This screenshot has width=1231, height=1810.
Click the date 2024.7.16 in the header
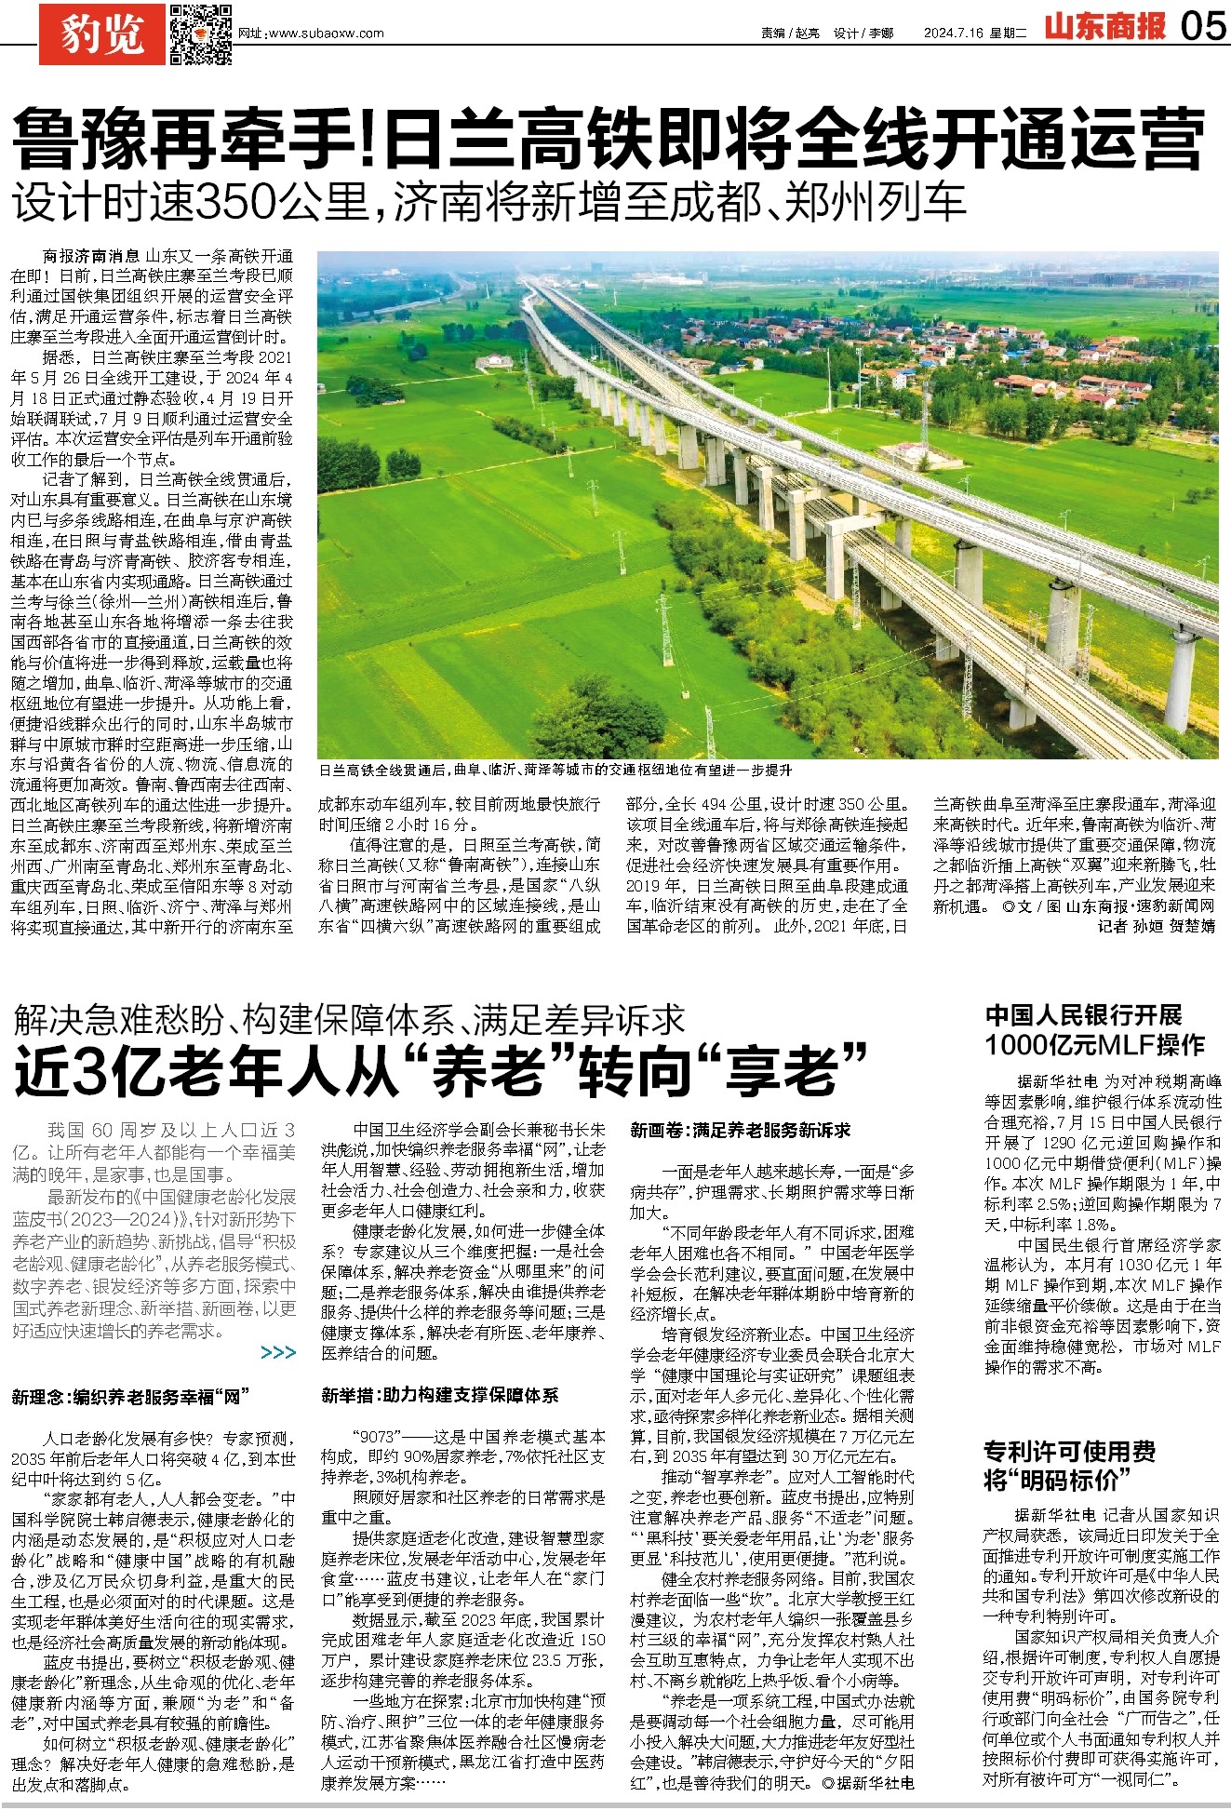point(953,34)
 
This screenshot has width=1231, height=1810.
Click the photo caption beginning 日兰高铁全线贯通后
point(555,770)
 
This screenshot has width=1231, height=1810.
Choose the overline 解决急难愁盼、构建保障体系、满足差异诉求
point(349,1020)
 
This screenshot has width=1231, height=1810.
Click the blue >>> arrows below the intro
point(278,1352)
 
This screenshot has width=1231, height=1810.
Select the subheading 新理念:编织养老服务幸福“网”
point(130,1397)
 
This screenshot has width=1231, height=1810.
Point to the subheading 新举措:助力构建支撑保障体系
point(440,1394)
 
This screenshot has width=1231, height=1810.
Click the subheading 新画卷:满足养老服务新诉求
point(741,1130)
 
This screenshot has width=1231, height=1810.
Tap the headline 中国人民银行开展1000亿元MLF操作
point(1095,1030)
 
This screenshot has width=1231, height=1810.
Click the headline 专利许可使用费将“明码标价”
point(1070,1465)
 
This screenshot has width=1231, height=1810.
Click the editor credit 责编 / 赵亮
point(790,34)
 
